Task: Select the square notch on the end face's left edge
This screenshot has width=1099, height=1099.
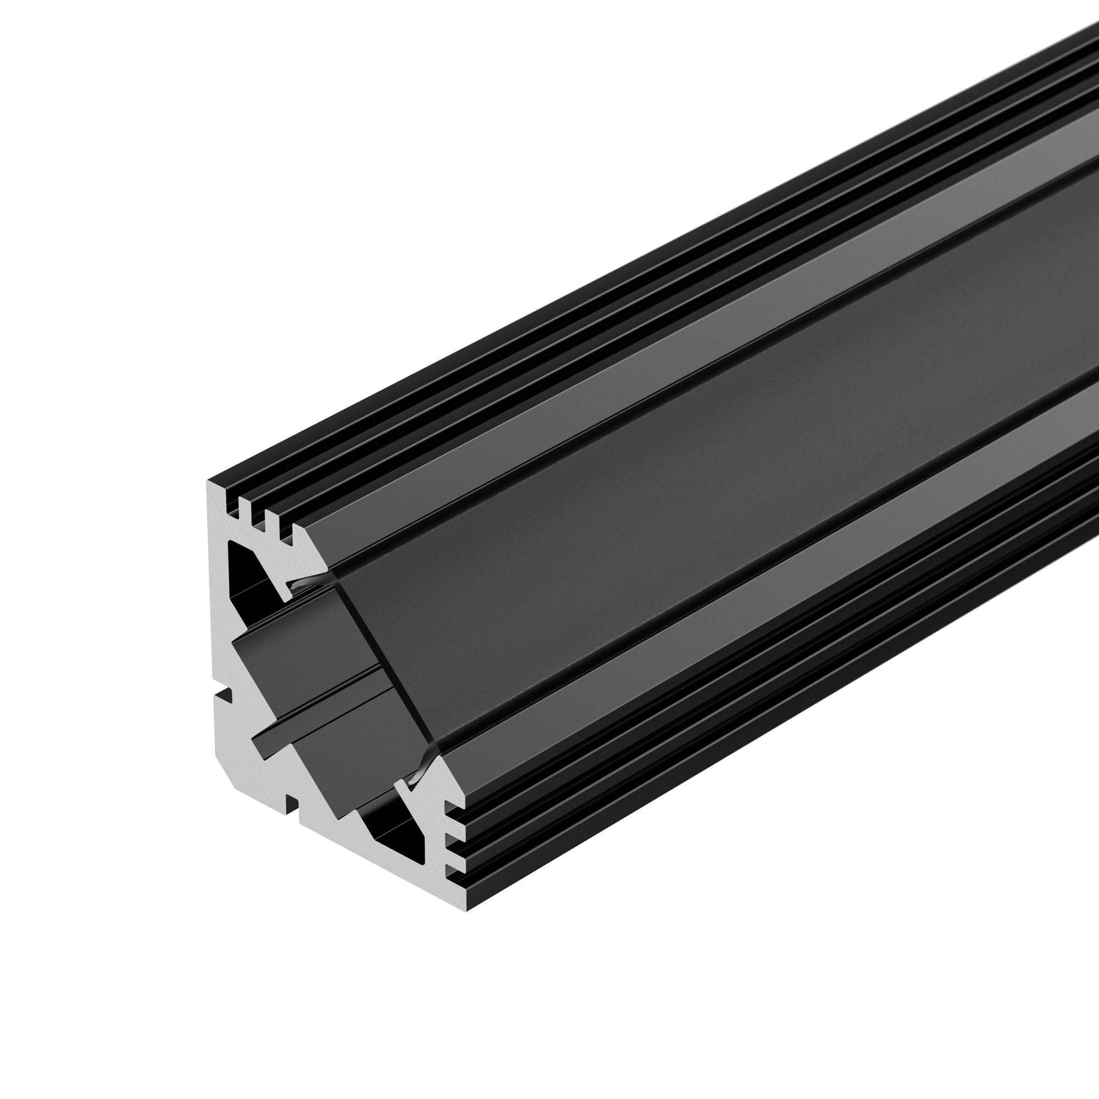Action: point(225,695)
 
